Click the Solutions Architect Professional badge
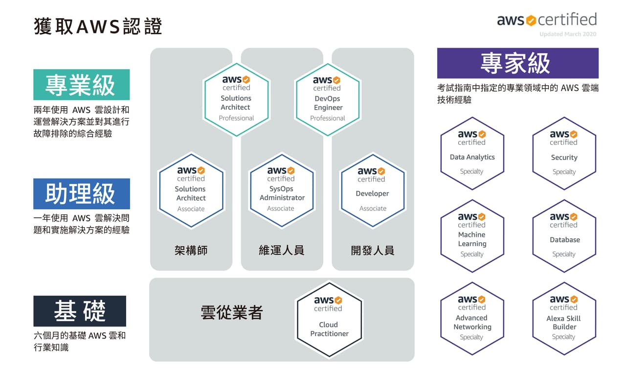(x=236, y=99)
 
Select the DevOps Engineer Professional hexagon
(x=328, y=99)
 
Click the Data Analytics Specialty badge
(x=472, y=153)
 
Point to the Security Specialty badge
(x=564, y=153)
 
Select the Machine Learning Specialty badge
(x=472, y=236)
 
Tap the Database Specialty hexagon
(x=564, y=236)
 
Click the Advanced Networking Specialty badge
(x=472, y=319)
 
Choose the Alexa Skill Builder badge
(x=564, y=319)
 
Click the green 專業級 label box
(x=81, y=85)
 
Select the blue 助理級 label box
(x=81, y=194)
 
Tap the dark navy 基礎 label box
(x=80, y=311)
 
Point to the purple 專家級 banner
(x=517, y=63)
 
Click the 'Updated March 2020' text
(x=568, y=34)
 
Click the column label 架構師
(x=191, y=251)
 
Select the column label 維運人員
(x=282, y=251)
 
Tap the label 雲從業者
(x=232, y=312)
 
